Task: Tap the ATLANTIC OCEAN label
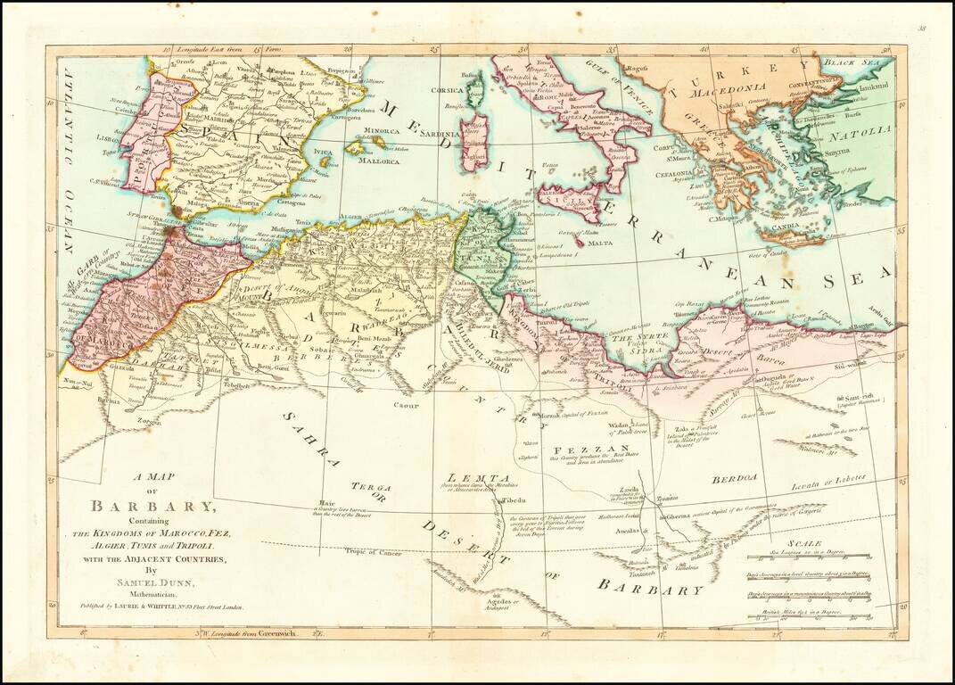tap(70, 152)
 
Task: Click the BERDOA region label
tap(735, 479)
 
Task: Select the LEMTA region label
tap(466, 478)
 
